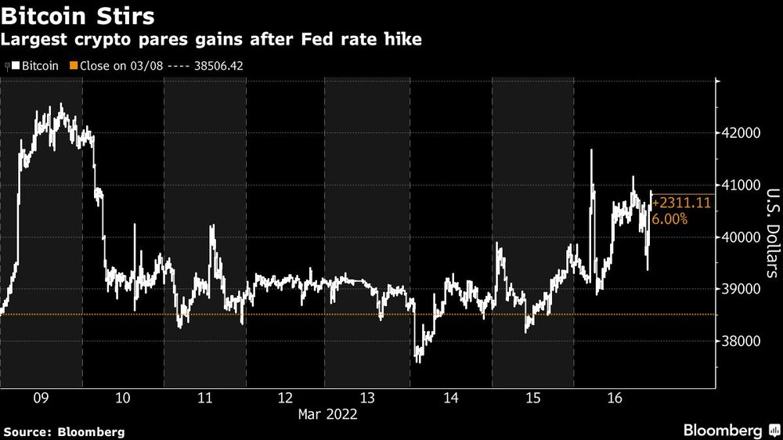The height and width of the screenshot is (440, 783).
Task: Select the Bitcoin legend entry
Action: (38, 66)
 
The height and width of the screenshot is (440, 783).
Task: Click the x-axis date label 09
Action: (41, 398)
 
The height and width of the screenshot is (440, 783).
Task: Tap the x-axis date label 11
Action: (204, 398)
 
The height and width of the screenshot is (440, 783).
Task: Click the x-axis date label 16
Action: (614, 398)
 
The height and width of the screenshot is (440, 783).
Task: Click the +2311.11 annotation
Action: (682, 203)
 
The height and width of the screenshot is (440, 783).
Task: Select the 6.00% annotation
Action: (671, 220)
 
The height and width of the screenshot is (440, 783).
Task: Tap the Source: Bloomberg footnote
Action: (63, 431)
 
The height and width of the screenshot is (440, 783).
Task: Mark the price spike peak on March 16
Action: (591, 150)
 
